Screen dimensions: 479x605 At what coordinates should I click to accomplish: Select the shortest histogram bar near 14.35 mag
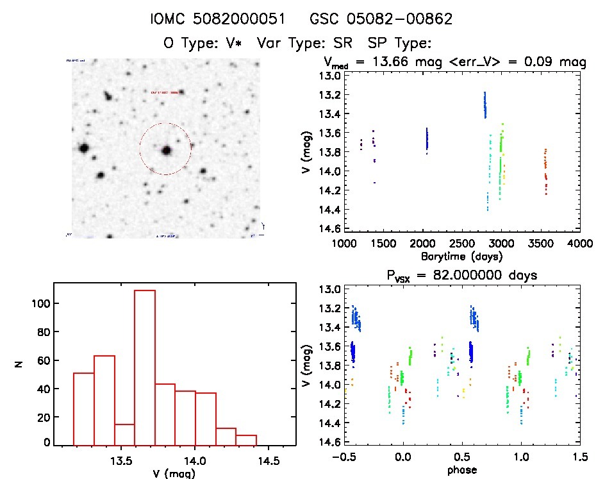coord(246,440)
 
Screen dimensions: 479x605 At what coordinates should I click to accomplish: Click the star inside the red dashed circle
coord(167,151)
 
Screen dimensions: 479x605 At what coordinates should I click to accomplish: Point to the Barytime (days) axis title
coord(461,256)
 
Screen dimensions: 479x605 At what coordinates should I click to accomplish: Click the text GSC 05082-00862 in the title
coord(381,19)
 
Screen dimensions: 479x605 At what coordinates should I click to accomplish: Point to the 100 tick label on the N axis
coord(38,303)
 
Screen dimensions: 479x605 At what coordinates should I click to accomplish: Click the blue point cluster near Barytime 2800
coord(485,105)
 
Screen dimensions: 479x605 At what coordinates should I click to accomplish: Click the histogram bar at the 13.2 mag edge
coord(84,408)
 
